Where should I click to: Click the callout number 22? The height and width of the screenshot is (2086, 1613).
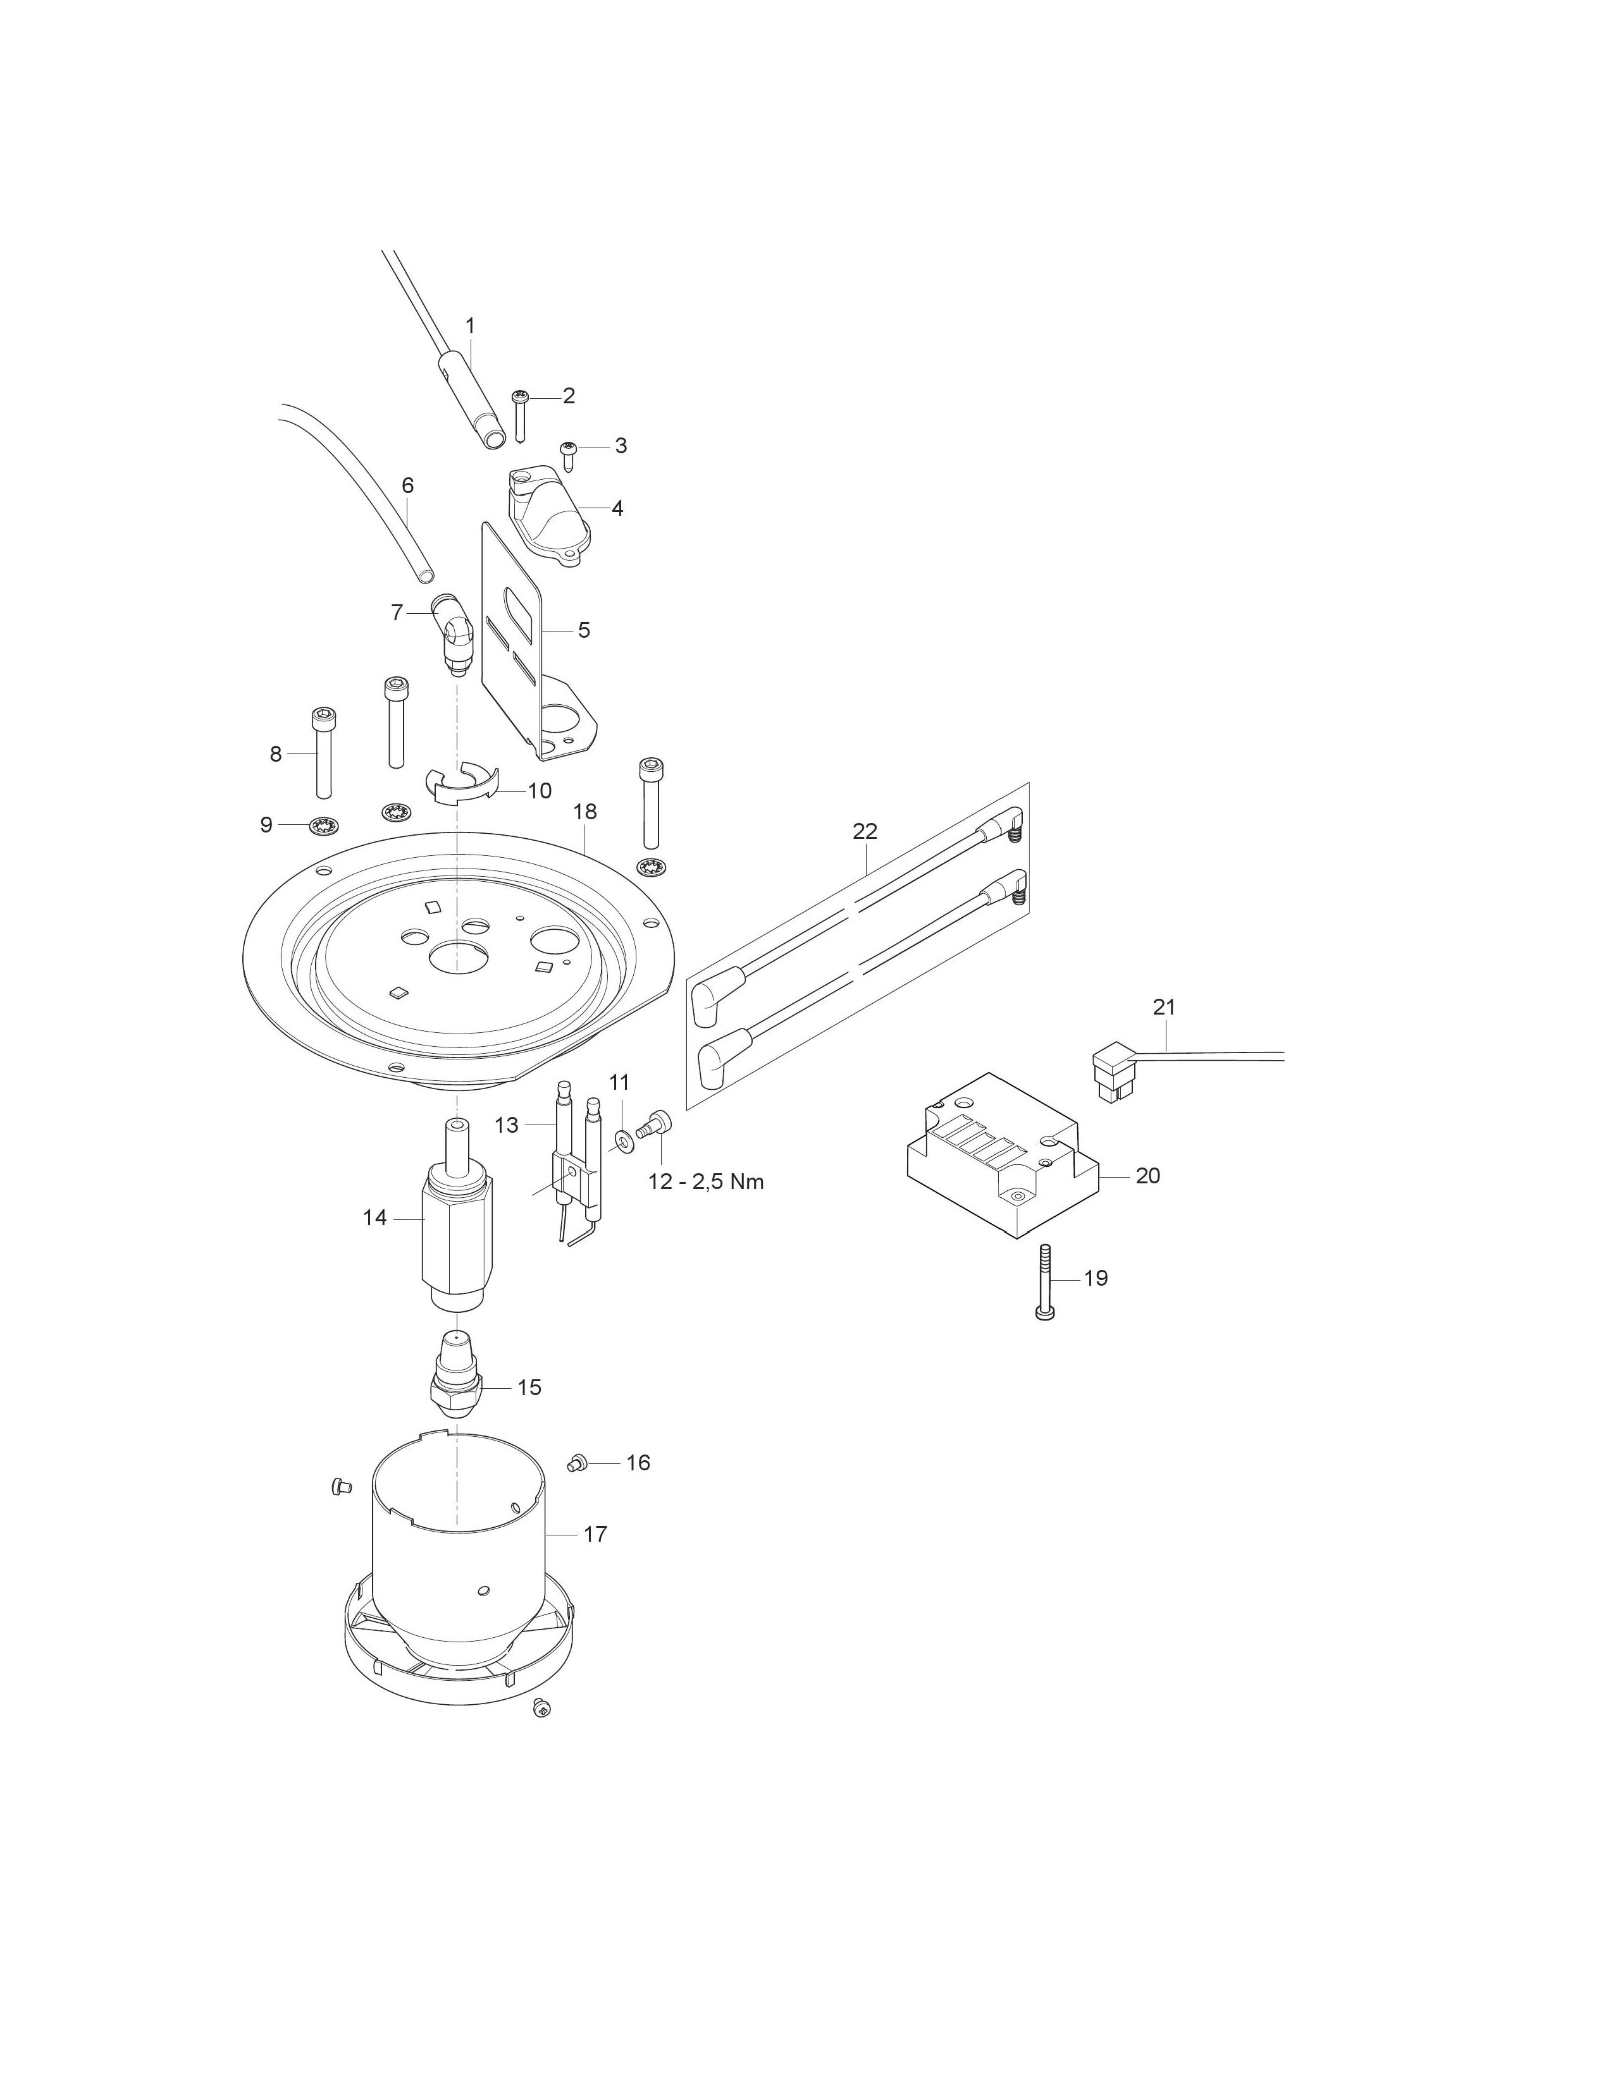tap(864, 831)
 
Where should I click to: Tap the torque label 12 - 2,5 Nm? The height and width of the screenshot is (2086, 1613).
tap(706, 1181)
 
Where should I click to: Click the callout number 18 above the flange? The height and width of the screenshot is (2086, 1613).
tap(585, 812)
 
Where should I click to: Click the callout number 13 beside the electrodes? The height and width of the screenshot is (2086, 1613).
tap(507, 1126)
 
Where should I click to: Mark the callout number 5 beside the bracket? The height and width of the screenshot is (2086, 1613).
tap(584, 630)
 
